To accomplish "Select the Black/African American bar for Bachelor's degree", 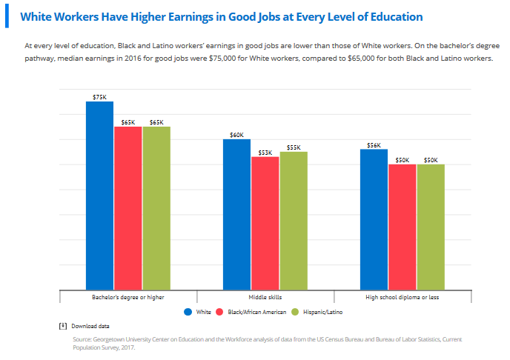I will point(127,207).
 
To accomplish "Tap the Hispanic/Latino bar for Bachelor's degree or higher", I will point(156,207).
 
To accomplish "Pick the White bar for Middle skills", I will point(236,214).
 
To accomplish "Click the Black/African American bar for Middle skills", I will point(265,222).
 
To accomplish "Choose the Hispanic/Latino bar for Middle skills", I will point(293,220).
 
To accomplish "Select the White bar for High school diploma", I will point(374,219).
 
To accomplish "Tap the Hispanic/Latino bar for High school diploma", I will point(430,227).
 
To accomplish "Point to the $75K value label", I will point(99,97).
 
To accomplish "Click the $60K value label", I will point(236,135).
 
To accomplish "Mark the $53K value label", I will point(265,153).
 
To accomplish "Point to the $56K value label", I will point(374,145).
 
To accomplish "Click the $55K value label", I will point(293,147).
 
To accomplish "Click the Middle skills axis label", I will point(265,297).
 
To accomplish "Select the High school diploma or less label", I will point(402,297).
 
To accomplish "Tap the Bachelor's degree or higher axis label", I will point(127,297).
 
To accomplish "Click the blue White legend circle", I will point(188,313).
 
